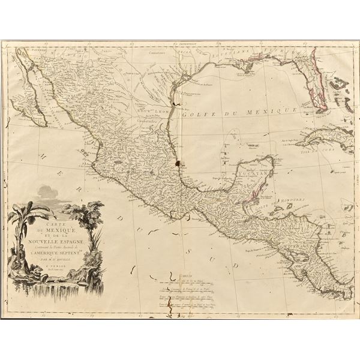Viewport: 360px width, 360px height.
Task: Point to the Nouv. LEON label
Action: (153, 112)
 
